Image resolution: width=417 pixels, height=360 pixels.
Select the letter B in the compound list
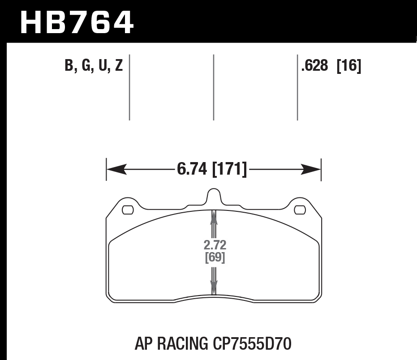[x=69, y=66]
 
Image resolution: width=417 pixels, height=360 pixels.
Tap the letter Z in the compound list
[x=119, y=66]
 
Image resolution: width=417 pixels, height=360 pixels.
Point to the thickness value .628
[x=315, y=66]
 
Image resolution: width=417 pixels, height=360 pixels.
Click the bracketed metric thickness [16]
[x=349, y=66]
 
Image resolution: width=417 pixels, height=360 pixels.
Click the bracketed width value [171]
[x=229, y=169]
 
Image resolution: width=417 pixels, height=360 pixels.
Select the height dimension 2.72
[x=215, y=245]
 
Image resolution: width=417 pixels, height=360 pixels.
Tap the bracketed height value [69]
[x=215, y=257]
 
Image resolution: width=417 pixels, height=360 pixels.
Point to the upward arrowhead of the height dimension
[x=214, y=218]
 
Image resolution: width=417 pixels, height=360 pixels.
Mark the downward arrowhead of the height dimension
[x=214, y=287]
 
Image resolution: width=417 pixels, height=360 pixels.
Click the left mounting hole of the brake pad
[x=128, y=209]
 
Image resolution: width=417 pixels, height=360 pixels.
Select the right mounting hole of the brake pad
[x=299, y=209]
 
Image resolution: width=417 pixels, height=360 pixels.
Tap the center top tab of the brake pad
[x=214, y=197]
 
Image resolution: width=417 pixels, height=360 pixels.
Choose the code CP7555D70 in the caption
[x=249, y=344]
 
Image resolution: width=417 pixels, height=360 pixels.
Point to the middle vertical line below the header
[x=213, y=87]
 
